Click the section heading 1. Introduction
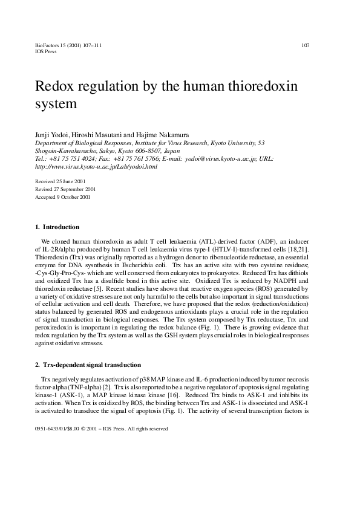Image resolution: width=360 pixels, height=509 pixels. coord(57,227)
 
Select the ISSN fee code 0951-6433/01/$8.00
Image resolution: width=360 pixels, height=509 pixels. coord(57,428)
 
